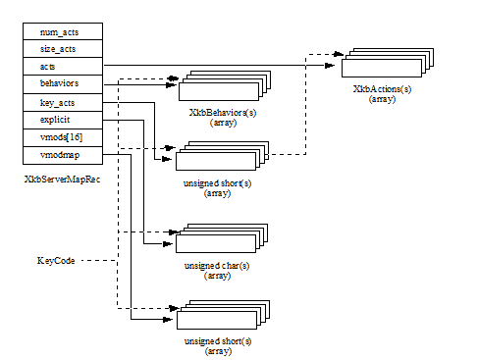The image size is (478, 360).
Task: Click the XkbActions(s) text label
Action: [382, 89]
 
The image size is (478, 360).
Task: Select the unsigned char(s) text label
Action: [217, 266]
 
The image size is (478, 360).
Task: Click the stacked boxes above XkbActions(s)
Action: [383, 64]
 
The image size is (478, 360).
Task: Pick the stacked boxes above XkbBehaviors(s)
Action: [220, 85]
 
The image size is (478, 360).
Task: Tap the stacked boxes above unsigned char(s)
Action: [220, 239]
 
